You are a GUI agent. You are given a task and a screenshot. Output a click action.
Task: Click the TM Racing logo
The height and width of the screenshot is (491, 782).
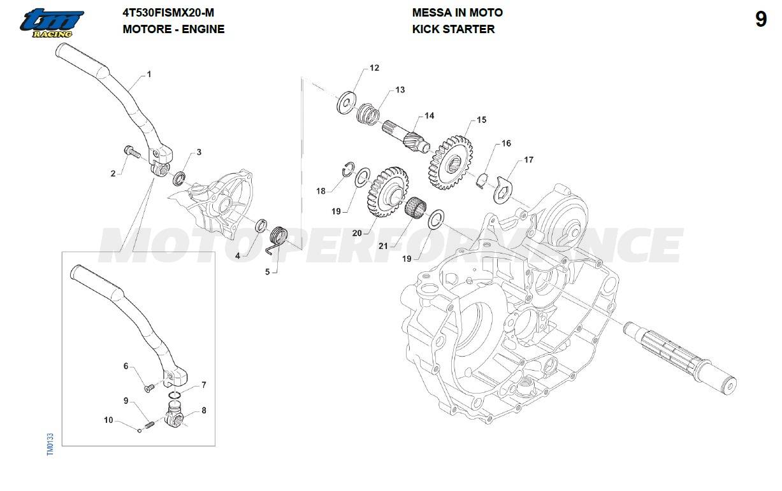pyautogui.click(x=52, y=24)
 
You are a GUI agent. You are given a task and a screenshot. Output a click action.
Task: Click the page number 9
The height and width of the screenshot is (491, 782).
pyautogui.click(x=761, y=20)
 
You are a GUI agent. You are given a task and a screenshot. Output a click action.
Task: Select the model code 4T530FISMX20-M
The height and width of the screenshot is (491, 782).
pyautogui.click(x=168, y=13)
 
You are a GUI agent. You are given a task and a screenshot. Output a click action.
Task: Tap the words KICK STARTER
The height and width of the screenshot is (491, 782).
pyautogui.click(x=453, y=29)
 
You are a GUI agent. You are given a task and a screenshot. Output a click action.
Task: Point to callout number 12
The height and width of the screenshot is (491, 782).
pyautogui.click(x=374, y=68)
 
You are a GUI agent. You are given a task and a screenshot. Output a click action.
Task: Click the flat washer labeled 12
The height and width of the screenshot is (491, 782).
pyautogui.click(x=346, y=102)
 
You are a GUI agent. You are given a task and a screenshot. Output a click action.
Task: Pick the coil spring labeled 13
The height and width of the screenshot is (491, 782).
pyautogui.click(x=368, y=114)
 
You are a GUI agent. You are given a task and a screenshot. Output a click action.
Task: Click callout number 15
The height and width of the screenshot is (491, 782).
pyautogui.click(x=481, y=120)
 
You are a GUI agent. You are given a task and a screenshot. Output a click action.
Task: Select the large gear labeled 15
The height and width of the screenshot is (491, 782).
pyautogui.click(x=450, y=163)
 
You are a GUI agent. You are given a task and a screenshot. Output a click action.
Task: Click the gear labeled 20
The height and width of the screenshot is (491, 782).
pyautogui.click(x=387, y=192)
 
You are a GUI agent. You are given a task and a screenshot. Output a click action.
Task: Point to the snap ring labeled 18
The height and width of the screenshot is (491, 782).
pyautogui.click(x=348, y=169)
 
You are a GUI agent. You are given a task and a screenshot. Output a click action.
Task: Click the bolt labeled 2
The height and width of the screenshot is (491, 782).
pyautogui.click(x=131, y=152)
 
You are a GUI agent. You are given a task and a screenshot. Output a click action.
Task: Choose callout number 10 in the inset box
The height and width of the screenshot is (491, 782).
pyautogui.click(x=108, y=420)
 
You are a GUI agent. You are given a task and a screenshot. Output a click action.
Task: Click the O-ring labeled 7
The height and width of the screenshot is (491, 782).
pyautogui.click(x=174, y=395)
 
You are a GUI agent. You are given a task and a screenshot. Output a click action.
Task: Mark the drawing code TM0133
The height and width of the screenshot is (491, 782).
pyautogui.click(x=50, y=445)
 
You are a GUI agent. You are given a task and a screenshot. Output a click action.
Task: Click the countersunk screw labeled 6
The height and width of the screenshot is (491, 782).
pyautogui.click(x=148, y=387)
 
